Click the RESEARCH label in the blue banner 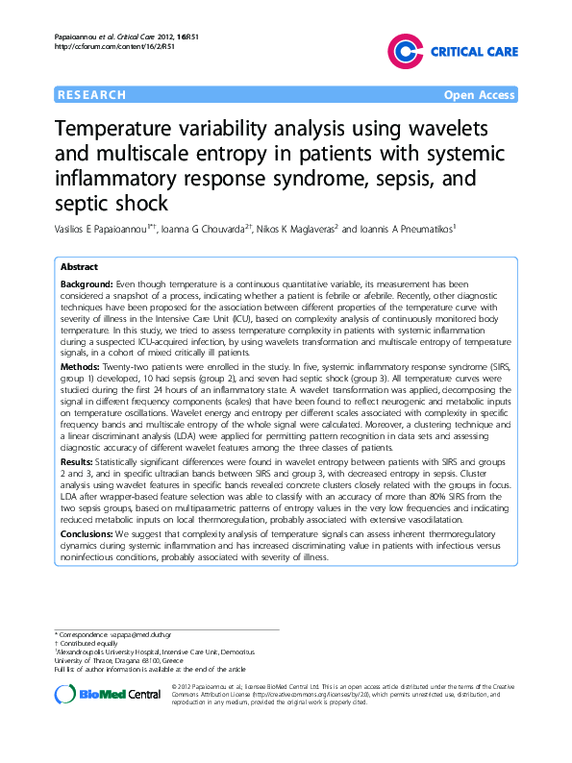point(92,95)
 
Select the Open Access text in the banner point(478,95)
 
